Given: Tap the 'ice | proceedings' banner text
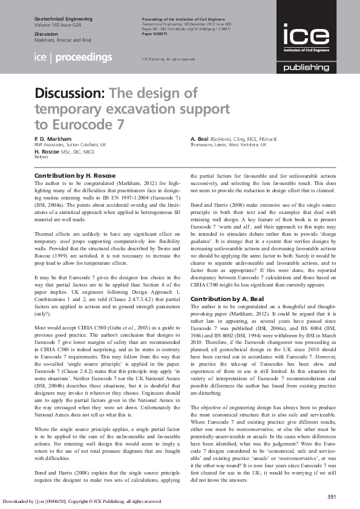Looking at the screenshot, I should [x=73, y=57].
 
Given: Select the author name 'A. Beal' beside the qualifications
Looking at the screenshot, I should [x=199, y=139].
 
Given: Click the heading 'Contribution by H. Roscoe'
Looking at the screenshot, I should [x=75, y=175].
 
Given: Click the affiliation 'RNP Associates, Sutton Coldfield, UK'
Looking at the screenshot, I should [x=70, y=145].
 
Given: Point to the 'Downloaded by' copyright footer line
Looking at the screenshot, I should [x=82, y=501].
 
